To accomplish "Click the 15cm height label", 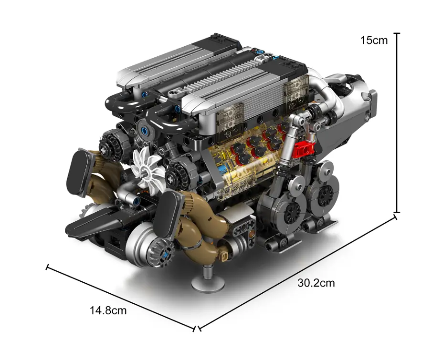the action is click(374, 40).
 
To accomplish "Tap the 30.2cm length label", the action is click(316, 283).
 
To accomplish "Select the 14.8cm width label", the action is click(108, 310).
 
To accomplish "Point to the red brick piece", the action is click(303, 149).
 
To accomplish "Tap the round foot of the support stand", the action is click(208, 284).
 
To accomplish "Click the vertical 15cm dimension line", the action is click(397, 123).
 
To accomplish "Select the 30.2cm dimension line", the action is click(297, 273).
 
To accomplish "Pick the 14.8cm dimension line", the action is click(121, 298).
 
